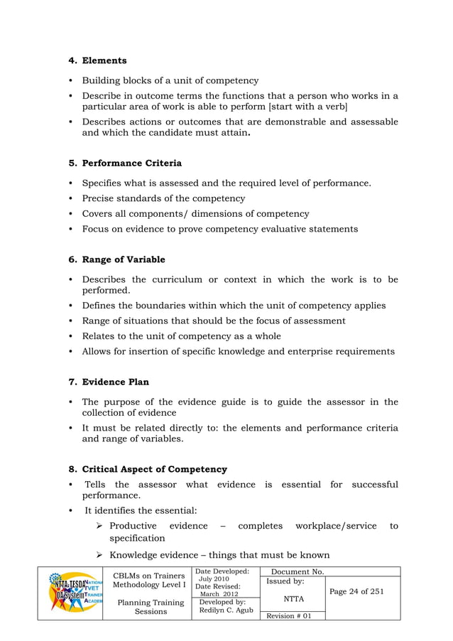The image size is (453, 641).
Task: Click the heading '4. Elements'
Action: (x=97, y=60)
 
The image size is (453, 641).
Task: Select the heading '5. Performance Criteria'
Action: (x=124, y=163)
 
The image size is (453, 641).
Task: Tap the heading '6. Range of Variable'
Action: (x=116, y=259)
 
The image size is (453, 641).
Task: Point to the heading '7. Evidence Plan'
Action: (x=109, y=382)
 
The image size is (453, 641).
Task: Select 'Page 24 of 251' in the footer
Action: (x=358, y=591)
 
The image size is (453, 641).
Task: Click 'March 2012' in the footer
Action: (x=219, y=594)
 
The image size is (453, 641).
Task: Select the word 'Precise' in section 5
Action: (x=99, y=198)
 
